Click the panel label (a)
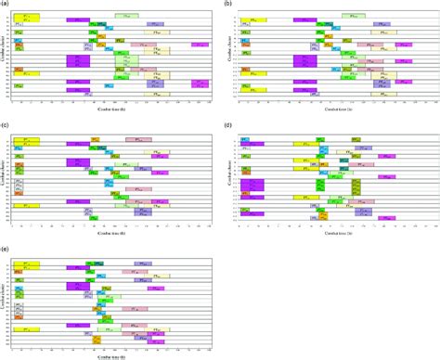[6, 5]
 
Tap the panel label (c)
[6, 123]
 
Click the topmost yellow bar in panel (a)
[26, 18]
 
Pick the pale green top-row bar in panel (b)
[352, 16]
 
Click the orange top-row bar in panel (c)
[96, 139]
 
